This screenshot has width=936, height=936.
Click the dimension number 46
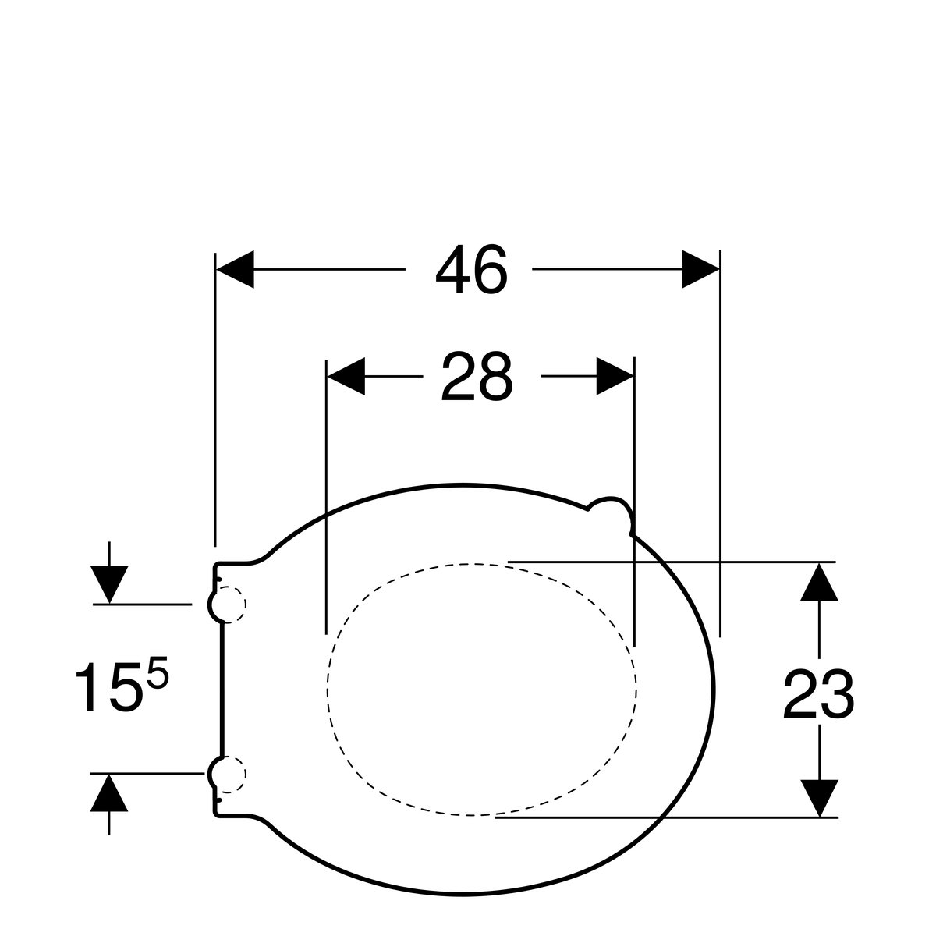coord(471,269)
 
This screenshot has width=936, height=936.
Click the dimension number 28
coord(477,377)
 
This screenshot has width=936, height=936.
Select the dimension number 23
coord(818,695)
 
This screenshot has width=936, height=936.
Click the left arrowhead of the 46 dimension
coord(235,269)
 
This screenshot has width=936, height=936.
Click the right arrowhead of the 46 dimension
coord(700,269)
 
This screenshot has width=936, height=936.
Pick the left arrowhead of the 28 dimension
coord(346,377)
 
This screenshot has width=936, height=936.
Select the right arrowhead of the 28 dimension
coord(615,377)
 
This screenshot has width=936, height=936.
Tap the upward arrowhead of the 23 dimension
coord(819,582)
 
